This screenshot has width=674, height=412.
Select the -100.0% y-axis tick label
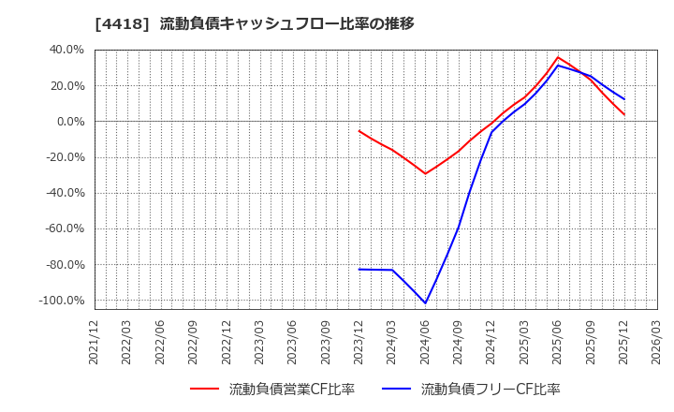click(61, 301)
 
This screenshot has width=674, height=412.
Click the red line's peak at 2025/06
click(558, 57)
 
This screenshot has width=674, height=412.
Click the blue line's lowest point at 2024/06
click(425, 303)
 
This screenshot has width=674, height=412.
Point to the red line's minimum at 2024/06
click(425, 173)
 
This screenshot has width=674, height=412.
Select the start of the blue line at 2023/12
click(359, 270)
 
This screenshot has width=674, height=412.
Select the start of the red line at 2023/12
click(359, 131)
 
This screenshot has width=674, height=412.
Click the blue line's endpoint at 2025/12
click(624, 99)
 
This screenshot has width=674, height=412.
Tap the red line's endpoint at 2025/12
click(624, 115)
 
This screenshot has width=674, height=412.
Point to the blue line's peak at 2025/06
click(558, 66)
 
